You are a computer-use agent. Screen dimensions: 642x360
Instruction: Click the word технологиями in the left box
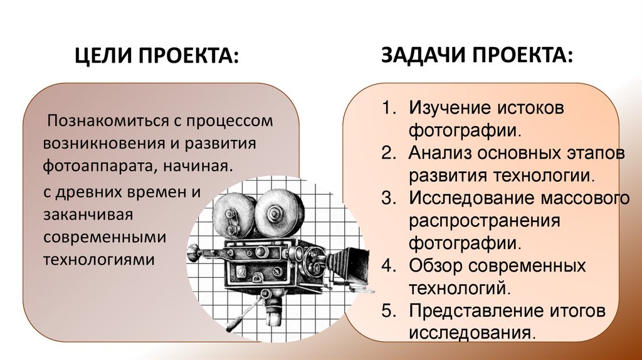(98, 258)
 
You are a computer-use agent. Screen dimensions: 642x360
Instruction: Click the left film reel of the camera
(231, 211)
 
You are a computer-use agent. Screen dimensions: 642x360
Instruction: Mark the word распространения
(483, 221)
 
